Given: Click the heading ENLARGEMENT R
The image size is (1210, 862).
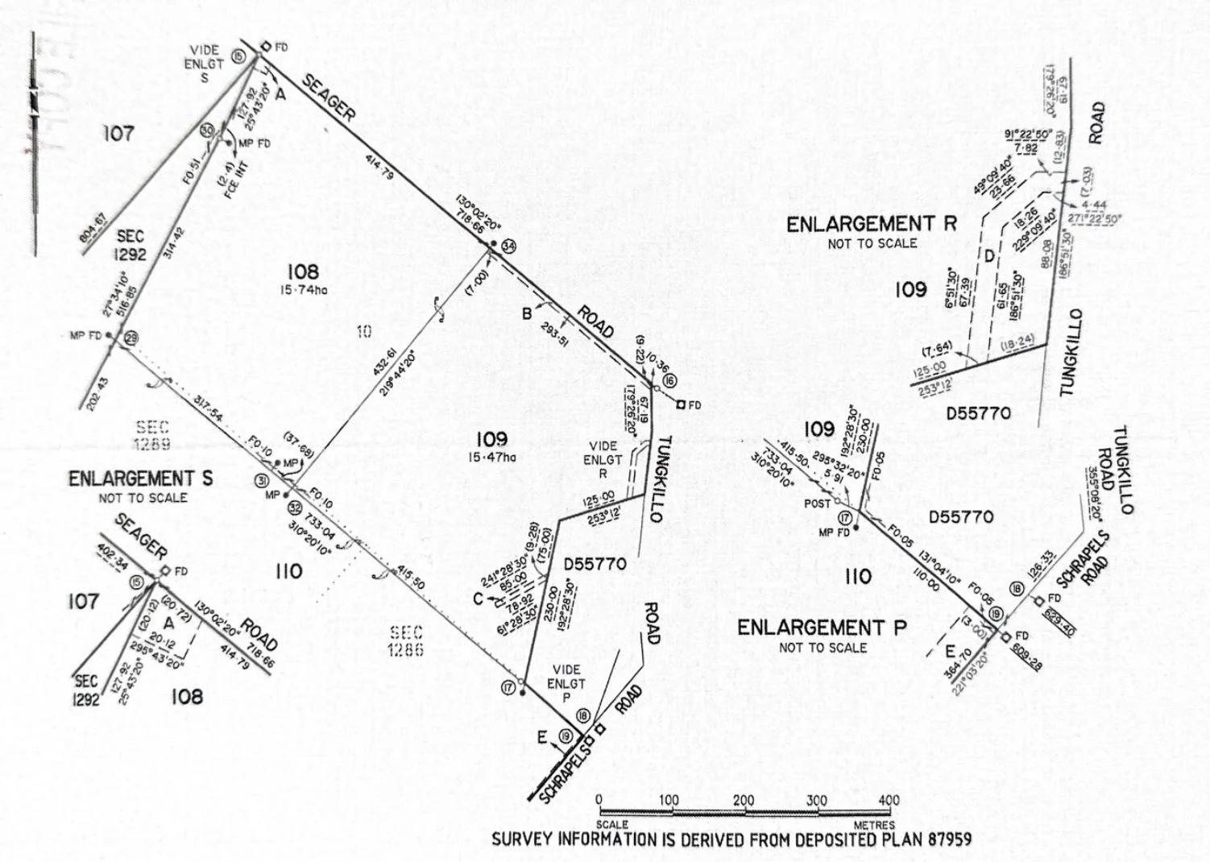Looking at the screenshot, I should pyautogui.click(x=872, y=224).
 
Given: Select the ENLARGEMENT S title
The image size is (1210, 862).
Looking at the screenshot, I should pyautogui.click(x=140, y=479).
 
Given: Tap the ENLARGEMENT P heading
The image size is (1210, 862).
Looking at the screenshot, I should pyautogui.click(x=822, y=627).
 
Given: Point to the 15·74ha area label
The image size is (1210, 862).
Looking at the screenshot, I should pyautogui.click(x=303, y=290).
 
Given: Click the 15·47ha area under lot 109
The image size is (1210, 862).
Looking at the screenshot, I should pyautogui.click(x=491, y=458).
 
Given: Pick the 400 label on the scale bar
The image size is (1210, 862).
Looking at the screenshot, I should pyautogui.click(x=889, y=801).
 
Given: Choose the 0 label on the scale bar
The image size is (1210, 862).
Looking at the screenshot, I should pyautogui.click(x=599, y=800).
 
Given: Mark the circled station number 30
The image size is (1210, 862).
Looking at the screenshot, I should pyautogui.click(x=207, y=131).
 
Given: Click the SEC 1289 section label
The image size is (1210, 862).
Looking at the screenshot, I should pyautogui.click(x=152, y=435).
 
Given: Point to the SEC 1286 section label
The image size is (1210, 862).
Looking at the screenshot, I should pyautogui.click(x=405, y=640).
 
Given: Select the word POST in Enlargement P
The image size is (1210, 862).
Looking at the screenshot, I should pyautogui.click(x=818, y=504).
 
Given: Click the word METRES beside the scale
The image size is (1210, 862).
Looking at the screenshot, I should pyautogui.click(x=874, y=825).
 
